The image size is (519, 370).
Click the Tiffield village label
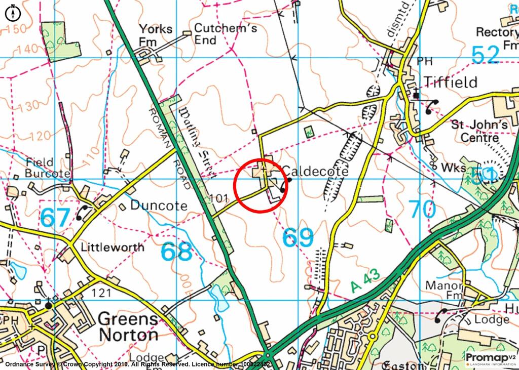point(451,82)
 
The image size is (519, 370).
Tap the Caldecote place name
point(314,172)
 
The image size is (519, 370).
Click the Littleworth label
point(112,247)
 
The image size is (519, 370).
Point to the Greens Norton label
point(128,326)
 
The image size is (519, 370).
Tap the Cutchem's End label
point(226,34)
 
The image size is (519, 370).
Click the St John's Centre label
point(479,131)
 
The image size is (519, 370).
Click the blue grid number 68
point(177,252)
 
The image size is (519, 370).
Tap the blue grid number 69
point(298,237)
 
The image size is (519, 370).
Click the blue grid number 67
point(55,218)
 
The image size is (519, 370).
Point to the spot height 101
point(219,198)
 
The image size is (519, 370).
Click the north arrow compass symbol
point(12,12)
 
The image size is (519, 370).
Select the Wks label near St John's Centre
point(452,168)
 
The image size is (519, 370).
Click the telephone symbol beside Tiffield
point(432,106)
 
